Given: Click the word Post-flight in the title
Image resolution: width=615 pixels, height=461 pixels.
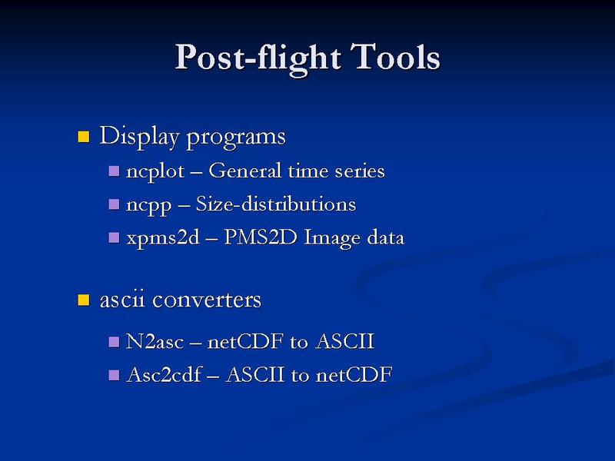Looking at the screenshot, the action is [258, 59].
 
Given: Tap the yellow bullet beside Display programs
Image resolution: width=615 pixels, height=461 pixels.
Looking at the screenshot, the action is [84, 137].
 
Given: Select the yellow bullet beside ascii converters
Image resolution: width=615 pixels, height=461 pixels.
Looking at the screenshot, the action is [84, 300].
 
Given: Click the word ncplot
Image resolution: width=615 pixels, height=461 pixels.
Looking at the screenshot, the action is [155, 172].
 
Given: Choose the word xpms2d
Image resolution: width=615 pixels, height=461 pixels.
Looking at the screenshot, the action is [163, 238].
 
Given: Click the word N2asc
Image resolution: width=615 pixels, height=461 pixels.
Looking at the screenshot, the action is [155, 341].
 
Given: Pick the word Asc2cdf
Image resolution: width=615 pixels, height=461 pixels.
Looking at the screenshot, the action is [165, 374].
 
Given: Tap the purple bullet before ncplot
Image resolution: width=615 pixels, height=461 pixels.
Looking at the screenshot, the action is [114, 171].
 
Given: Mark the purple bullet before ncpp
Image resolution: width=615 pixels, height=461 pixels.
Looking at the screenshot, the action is [114, 204].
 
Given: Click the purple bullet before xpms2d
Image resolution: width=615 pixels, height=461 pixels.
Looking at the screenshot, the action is [114, 237].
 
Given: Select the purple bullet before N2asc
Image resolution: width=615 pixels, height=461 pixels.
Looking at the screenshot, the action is [114, 342].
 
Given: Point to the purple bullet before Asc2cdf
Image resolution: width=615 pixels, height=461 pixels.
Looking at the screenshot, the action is [114, 375].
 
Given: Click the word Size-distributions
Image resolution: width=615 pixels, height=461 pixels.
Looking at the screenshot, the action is [276, 204].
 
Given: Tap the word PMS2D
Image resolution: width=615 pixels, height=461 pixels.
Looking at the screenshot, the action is [260, 237].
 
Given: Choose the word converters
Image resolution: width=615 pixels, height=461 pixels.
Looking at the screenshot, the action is [207, 300].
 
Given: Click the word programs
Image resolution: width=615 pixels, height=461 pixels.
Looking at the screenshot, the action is [236, 138].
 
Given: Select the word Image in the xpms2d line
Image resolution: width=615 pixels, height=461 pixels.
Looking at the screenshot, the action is [332, 239].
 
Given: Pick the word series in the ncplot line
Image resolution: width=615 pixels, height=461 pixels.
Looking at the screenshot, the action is [360, 171].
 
